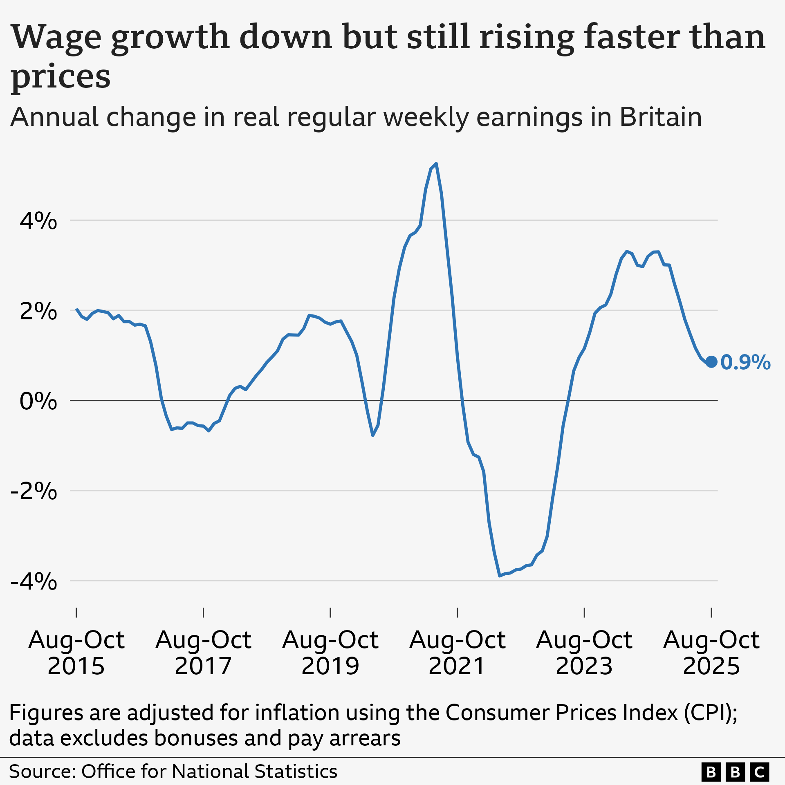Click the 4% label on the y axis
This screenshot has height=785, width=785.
tap(38, 221)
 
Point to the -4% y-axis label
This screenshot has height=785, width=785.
tap(34, 581)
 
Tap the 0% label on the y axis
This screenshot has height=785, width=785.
tap(38, 401)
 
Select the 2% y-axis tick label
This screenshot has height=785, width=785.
tap(38, 312)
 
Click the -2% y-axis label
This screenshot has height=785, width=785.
tap(34, 491)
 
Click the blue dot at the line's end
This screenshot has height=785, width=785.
tap(711, 362)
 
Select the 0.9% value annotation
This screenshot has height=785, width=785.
tap(745, 363)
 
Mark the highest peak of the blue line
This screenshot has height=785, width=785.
tap(437, 164)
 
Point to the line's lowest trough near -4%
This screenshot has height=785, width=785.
tap(500, 576)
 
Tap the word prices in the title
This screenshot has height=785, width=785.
tap(61, 76)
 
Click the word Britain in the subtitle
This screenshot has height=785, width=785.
tap(661, 117)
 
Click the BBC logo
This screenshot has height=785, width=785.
tap(735, 772)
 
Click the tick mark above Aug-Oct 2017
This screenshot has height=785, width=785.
tap(204, 612)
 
